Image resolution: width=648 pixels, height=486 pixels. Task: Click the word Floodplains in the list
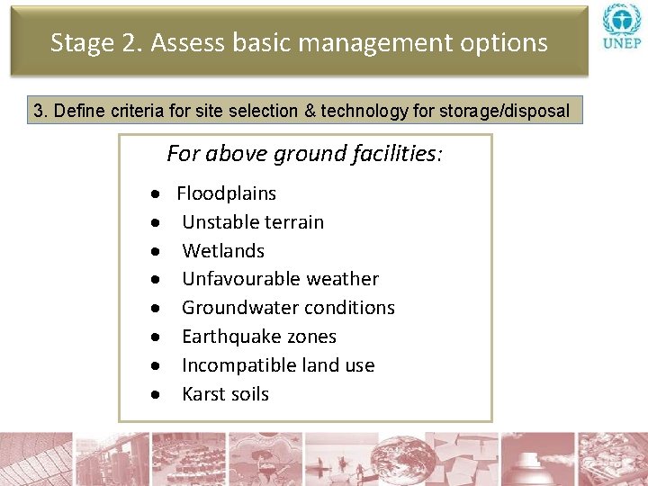[226, 193]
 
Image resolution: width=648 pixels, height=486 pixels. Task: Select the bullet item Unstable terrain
[252, 222]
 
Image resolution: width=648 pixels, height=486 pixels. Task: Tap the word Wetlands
[223, 251]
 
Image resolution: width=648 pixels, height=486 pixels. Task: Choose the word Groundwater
[236, 308]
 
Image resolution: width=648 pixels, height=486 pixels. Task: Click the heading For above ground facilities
[304, 154]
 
